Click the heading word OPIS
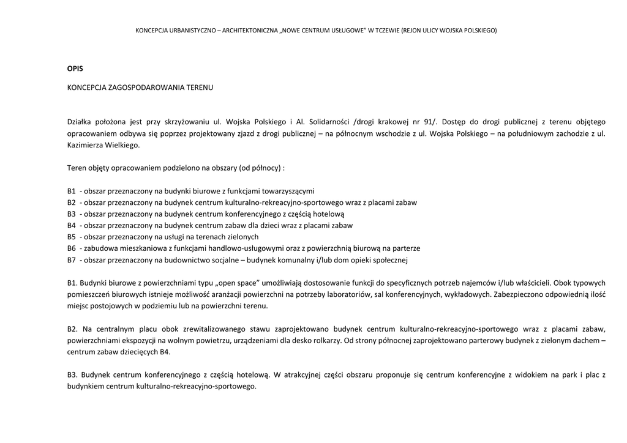75,68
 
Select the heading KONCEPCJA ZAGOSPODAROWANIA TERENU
140,87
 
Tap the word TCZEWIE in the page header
385,30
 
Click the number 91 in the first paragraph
429,122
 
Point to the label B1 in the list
72,191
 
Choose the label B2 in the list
72,203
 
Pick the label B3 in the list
72,214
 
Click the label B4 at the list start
72,225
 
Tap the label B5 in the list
72,237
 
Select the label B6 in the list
72,248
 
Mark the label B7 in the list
72,260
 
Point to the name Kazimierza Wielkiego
103,145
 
